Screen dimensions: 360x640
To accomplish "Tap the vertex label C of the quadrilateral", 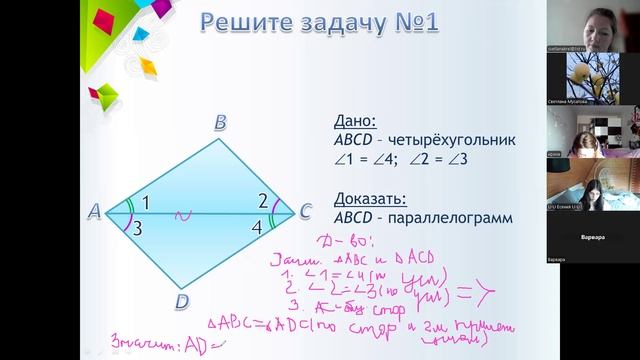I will tap(304, 212).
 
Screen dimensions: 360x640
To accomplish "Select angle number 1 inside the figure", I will tap(145, 202).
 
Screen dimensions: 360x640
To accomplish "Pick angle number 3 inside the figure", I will tap(137, 229).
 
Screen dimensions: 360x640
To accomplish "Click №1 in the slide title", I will tap(411, 23).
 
